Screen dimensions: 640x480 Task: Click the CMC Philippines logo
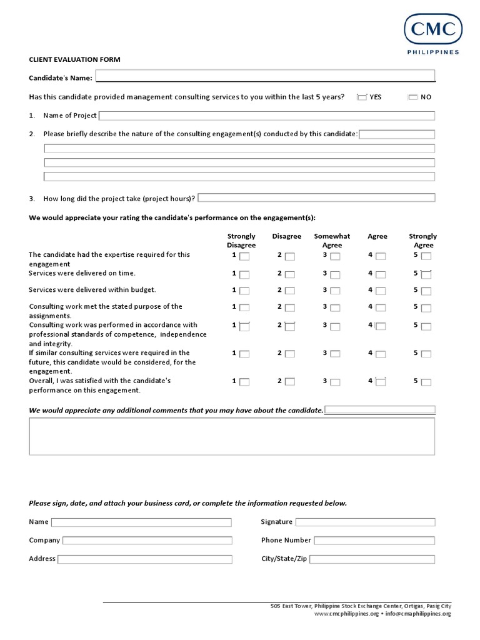click(x=432, y=34)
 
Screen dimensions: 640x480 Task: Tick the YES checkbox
click(x=362, y=97)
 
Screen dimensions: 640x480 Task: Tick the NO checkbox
click(x=412, y=97)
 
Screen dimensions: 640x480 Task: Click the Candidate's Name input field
click(x=265, y=76)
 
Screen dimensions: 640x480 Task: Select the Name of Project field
click(x=267, y=116)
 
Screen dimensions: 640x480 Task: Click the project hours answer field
click(x=316, y=198)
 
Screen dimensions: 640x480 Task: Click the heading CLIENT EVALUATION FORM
click(x=74, y=59)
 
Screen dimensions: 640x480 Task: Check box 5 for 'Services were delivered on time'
click(x=426, y=274)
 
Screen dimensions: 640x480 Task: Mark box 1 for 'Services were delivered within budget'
click(x=244, y=291)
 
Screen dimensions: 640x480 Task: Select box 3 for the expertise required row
click(x=335, y=256)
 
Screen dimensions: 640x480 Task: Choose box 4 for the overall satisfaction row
click(x=381, y=382)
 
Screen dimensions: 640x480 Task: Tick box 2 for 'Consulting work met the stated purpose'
click(x=289, y=308)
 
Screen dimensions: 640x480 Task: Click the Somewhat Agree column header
click(x=332, y=241)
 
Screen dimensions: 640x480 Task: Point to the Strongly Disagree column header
click(x=241, y=241)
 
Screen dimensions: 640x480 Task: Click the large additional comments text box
click(x=232, y=436)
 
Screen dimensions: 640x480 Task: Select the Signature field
click(x=365, y=522)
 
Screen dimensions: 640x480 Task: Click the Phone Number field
click(x=374, y=541)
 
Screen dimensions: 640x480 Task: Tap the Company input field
click(x=147, y=541)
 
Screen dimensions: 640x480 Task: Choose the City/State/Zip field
click(x=372, y=559)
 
